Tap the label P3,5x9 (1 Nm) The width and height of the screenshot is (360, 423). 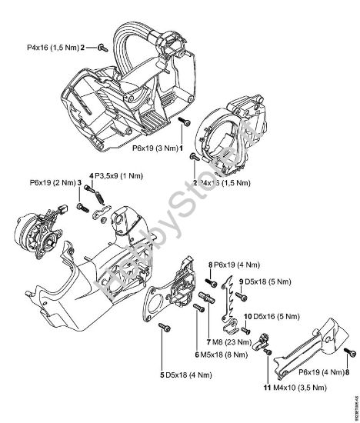[120, 176]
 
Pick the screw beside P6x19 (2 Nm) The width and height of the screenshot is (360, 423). [82, 208]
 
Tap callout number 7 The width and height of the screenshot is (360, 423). [208, 341]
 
